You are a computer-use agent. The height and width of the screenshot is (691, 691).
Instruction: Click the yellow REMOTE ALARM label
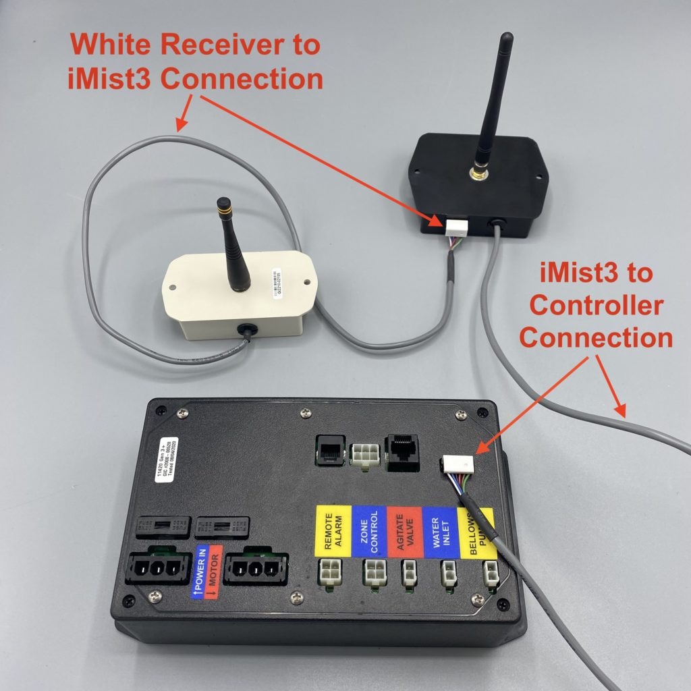click(333, 532)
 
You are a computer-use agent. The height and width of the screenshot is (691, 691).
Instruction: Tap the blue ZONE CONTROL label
click(370, 532)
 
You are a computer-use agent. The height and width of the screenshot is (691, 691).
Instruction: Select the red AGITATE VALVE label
click(405, 532)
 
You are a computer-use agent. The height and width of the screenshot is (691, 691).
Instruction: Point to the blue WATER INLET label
click(440, 532)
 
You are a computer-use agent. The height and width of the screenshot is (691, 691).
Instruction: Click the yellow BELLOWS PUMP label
click(476, 533)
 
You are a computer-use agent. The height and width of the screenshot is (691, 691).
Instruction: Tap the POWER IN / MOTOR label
click(206, 572)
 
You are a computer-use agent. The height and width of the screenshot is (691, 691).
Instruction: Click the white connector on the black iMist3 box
click(454, 226)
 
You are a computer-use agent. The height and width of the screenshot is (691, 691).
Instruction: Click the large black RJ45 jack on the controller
click(402, 451)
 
